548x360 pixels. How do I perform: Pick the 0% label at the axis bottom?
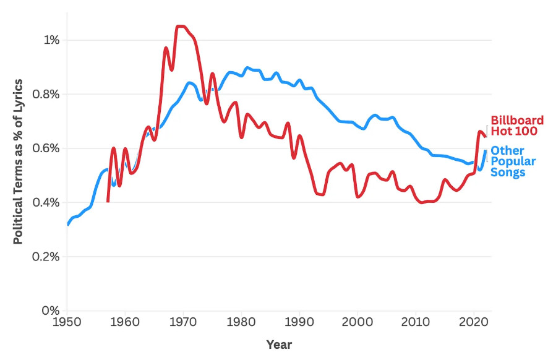pos(51,311)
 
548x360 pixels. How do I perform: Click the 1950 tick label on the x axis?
pos(67,324)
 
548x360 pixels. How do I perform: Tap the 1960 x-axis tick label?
pos(125,324)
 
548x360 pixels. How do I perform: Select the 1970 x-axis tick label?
pos(183,324)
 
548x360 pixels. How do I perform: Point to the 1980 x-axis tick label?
pos(241,324)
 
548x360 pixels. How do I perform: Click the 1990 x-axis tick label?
pos(299,324)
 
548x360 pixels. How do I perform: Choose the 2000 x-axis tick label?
pos(357,324)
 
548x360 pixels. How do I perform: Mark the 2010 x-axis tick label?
pos(416,324)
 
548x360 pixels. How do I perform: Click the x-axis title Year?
pos(279,345)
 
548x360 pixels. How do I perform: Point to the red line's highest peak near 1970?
pos(180,26)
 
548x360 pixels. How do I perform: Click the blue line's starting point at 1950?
pos(67,225)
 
